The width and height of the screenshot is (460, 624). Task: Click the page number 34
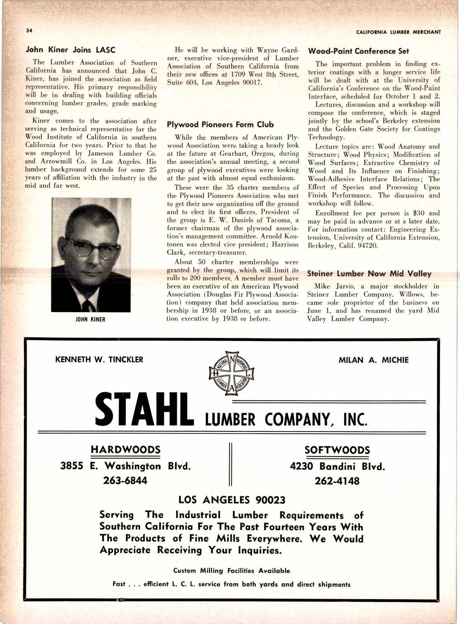29,31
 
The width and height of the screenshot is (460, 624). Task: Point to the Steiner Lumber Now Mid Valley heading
369,273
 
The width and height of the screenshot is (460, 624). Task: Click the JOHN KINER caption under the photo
91,319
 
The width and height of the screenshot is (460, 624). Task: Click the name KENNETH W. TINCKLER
99,360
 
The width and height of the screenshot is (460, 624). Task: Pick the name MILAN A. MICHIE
373,360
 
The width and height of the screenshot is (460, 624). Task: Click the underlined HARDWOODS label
126,450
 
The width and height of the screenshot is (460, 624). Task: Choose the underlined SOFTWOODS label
337,450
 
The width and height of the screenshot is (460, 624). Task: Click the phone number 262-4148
337,481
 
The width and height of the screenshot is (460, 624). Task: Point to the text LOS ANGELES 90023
232,500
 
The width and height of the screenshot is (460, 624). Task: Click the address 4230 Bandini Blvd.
337,466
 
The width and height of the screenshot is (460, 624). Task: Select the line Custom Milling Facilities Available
231,571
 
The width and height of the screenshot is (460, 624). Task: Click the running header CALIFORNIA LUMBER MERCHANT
398,32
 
